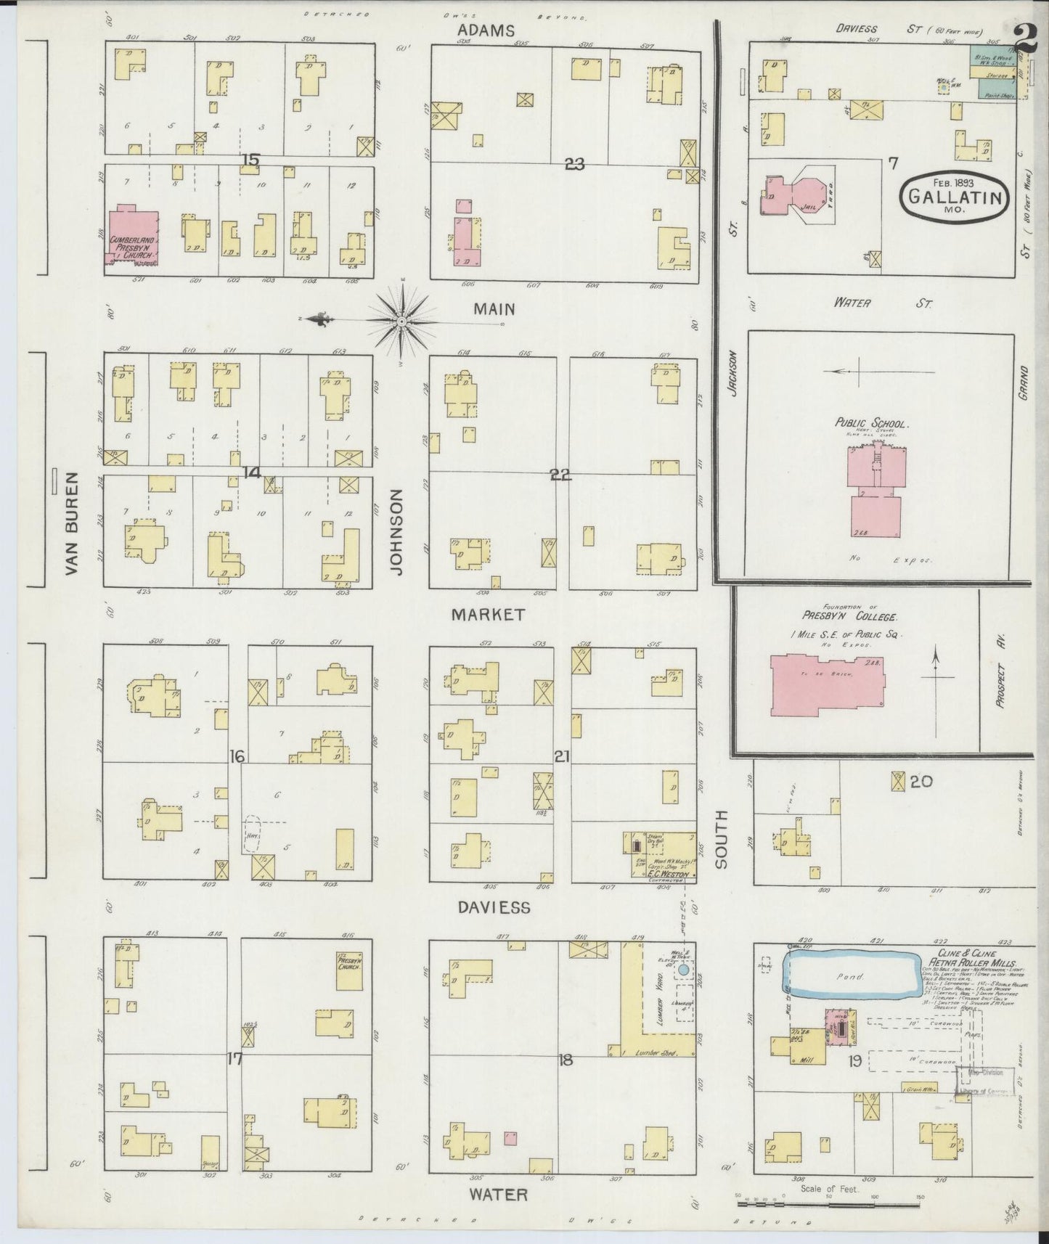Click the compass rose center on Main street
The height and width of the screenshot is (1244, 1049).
pos(401,320)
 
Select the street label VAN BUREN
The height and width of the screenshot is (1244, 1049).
pos(71,523)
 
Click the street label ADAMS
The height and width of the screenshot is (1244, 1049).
pos(486,30)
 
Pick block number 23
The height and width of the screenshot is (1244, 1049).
pos(574,165)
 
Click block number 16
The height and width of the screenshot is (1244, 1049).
pos(237,757)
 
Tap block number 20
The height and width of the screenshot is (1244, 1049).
pos(921,782)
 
